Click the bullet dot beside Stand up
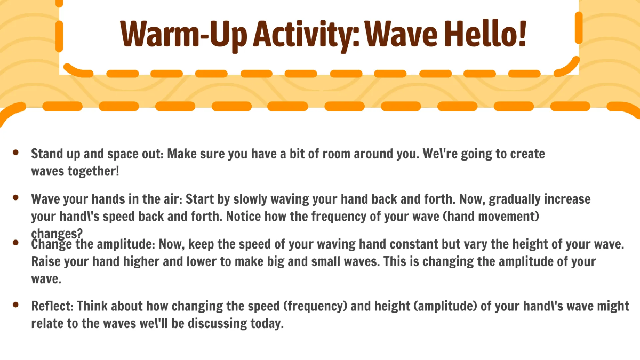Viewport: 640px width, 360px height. pos(16,153)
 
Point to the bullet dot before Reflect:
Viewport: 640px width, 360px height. pos(16,305)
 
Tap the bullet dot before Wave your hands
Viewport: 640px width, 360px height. pos(16,198)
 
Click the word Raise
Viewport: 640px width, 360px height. pos(45,262)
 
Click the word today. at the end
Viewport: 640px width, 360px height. pos(263,323)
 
